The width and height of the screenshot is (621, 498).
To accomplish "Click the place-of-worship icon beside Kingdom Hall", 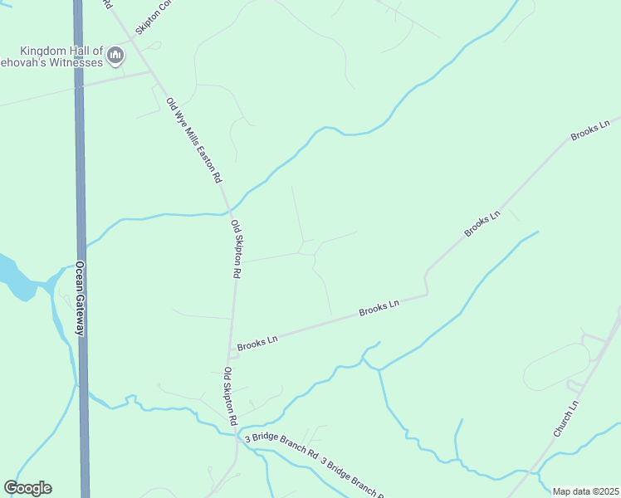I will [115, 56].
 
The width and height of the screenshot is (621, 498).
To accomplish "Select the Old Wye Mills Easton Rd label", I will [194, 140].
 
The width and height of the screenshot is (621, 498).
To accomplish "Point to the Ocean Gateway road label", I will [81, 299].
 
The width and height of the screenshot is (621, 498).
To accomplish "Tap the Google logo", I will [27, 488].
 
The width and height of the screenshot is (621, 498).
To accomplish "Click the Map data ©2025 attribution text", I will [586, 491].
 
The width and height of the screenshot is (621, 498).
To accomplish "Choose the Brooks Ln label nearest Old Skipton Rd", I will [257, 341].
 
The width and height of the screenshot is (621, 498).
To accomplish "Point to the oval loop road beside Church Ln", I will [556, 366].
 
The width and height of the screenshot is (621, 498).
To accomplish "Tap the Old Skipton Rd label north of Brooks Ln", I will [236, 249].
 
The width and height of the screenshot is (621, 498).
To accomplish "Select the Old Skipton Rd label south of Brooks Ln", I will [231, 397].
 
